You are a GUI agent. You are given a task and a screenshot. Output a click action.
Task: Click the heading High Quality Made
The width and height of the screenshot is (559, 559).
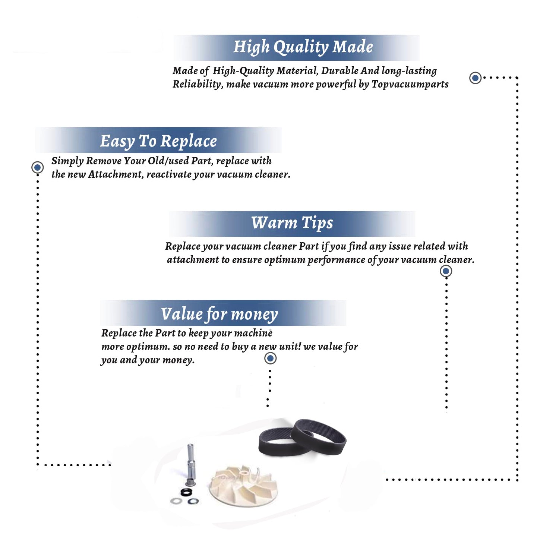click(303, 47)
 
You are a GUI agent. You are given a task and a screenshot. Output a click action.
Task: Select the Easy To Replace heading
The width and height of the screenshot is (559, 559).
click(158, 141)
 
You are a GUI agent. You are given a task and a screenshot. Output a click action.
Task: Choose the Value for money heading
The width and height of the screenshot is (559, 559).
click(219, 314)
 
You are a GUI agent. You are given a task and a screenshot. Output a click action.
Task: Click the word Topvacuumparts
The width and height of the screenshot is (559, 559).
click(410, 84)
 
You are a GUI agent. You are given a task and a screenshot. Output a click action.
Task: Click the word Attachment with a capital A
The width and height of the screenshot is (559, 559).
click(116, 174)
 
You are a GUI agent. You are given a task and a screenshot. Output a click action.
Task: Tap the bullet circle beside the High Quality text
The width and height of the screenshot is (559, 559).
click(475, 78)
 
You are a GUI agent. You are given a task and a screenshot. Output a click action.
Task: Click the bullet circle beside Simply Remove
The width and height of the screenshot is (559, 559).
click(37, 167)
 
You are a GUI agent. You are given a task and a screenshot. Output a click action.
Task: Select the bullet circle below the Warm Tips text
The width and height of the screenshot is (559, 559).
click(446, 271)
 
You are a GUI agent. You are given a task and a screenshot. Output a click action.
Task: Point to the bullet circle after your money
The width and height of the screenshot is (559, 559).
click(270, 359)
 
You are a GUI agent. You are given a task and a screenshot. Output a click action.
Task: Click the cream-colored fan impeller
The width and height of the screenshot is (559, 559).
click(243, 485)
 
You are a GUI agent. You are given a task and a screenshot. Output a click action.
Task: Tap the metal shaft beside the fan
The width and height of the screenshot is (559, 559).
click(191, 464)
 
